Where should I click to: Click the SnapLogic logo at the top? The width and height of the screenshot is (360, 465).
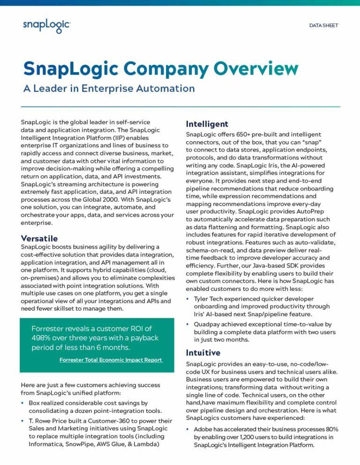click(x=46, y=26)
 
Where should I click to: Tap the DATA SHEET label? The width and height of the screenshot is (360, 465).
click(x=323, y=25)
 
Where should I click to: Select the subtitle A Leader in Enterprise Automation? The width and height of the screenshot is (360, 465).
click(x=109, y=88)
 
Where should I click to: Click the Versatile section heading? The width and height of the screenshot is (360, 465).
click(x=39, y=238)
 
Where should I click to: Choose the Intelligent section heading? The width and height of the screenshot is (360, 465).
click(x=207, y=124)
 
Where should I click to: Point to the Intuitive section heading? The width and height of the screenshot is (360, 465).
click(x=203, y=353)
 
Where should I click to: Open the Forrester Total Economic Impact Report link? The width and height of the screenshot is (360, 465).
click(x=111, y=360)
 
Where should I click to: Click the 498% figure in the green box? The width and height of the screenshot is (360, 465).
click(x=42, y=338)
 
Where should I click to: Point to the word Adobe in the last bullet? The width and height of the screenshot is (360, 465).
click(x=203, y=429)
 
